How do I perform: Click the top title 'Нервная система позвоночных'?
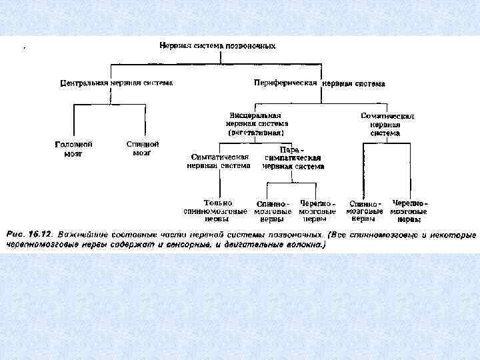pos(217,45)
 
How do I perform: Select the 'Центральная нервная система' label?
pos(116,83)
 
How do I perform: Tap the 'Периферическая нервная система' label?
pos(319,84)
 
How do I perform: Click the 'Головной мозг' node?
pos(73,148)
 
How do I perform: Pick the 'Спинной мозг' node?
pos(142,148)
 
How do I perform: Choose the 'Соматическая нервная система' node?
pos(387,124)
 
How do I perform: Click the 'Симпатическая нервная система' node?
pos(219,161)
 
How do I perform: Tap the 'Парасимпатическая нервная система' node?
pos(292,159)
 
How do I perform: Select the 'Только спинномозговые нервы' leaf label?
pos(217,210)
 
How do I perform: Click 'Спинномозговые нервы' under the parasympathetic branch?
pos(271,211)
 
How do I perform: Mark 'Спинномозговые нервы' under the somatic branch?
pos(364,211)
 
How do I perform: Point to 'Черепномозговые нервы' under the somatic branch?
pos(409,211)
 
